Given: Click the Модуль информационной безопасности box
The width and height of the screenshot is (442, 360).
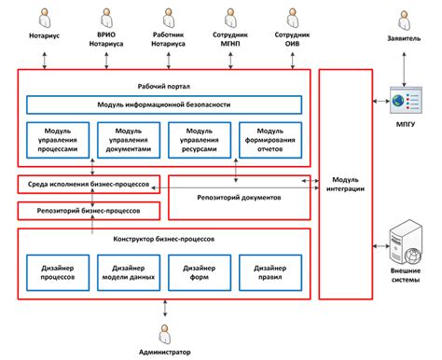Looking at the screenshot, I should [x=163, y=105].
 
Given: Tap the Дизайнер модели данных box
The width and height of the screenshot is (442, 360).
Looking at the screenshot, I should [x=129, y=271].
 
